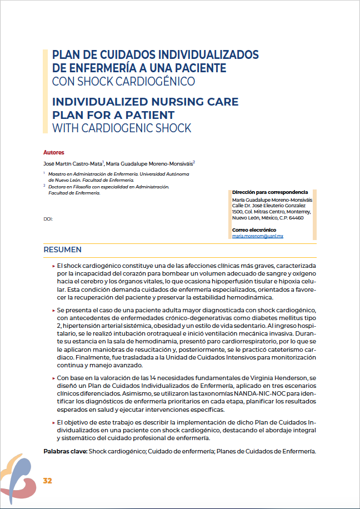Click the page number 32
click(47, 481)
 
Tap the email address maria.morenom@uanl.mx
click(258, 236)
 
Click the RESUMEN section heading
click(63, 250)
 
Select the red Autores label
click(54, 152)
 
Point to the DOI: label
click(48, 219)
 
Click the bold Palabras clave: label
click(65, 451)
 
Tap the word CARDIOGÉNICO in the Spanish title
click(161, 82)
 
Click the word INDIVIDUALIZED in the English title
click(103, 102)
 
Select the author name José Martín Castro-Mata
click(73, 164)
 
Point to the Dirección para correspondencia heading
click(269, 192)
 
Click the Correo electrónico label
click(254, 229)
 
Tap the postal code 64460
click(297, 218)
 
